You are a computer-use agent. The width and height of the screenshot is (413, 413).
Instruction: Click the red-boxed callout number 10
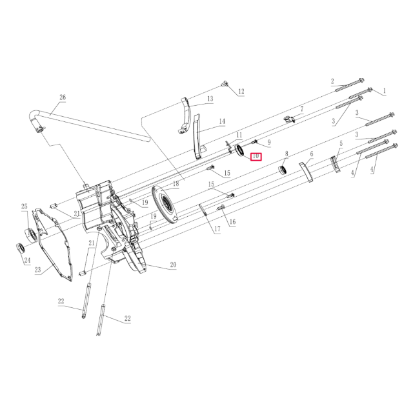click(256, 156)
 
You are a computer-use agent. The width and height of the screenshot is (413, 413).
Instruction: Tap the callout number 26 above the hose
click(63, 98)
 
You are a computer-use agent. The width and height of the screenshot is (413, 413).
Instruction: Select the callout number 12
click(241, 92)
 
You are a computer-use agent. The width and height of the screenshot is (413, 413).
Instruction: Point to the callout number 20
click(173, 265)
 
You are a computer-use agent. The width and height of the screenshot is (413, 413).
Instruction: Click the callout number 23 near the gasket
click(37, 270)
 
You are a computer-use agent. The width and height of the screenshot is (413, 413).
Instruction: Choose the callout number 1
click(385, 91)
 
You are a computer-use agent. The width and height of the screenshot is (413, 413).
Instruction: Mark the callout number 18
click(176, 183)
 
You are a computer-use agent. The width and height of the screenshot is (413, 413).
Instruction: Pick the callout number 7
click(301, 110)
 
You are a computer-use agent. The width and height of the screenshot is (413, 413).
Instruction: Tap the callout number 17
click(217, 229)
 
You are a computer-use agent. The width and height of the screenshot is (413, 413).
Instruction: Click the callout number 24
click(27, 261)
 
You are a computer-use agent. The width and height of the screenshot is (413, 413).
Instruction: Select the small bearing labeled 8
click(282, 170)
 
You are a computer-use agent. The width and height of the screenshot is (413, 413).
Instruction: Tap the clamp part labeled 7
click(289, 118)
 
